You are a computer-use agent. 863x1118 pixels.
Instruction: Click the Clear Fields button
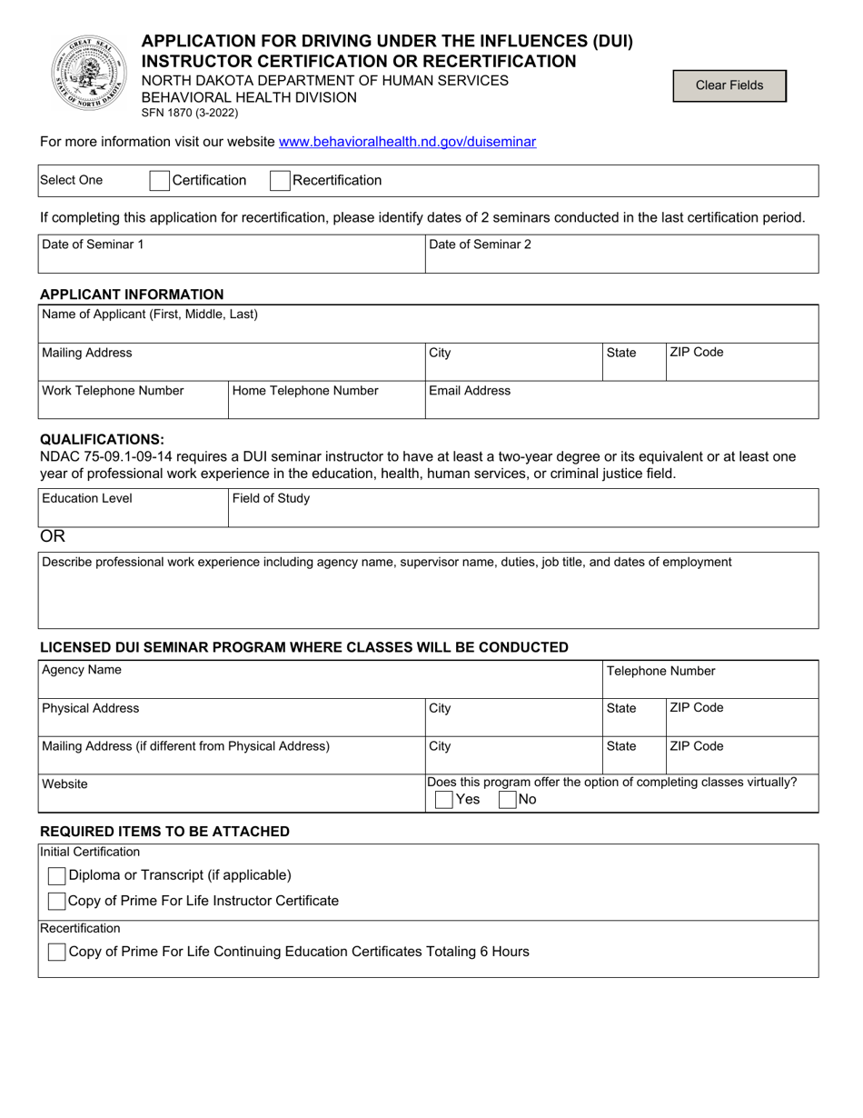[x=729, y=85]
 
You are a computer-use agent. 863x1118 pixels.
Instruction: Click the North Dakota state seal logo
[x=89, y=74]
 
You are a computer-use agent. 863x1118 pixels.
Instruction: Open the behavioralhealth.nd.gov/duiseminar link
[x=407, y=142]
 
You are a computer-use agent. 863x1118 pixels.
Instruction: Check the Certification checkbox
[x=159, y=180]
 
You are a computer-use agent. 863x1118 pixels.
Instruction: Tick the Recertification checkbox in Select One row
[x=280, y=180]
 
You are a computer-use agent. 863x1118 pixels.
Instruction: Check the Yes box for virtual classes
[x=444, y=800]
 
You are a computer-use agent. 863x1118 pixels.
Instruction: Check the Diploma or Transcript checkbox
[x=56, y=875]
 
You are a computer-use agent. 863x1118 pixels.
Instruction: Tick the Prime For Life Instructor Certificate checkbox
[x=56, y=901]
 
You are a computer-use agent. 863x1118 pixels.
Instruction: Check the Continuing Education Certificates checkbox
[x=56, y=952]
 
